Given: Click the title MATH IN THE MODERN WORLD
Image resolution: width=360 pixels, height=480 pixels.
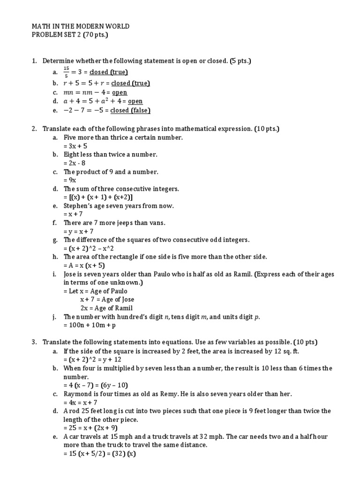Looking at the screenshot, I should tap(80, 27).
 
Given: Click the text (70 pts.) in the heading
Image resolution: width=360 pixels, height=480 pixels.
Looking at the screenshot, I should tap(96, 36).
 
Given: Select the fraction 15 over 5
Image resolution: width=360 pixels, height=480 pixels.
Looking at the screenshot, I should tap(67, 72).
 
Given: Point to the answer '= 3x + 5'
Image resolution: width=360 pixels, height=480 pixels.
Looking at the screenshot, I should tap(75, 146).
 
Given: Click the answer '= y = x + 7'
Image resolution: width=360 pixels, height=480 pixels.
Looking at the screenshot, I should tap(79, 232).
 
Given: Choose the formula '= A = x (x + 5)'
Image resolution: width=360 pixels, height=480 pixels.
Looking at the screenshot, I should tap(84, 265).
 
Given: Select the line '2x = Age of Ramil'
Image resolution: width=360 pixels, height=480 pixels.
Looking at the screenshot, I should tap(106, 308).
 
